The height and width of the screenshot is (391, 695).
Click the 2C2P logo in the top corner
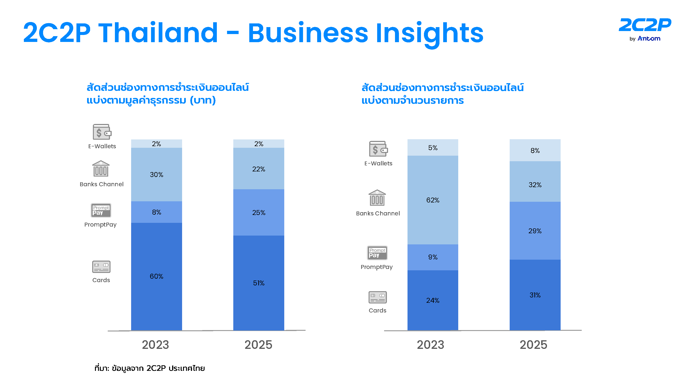644,29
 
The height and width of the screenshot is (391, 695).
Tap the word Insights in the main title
429,33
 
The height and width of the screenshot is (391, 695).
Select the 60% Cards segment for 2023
156,276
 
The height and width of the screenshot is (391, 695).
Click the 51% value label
259,283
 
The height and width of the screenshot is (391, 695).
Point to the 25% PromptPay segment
259,213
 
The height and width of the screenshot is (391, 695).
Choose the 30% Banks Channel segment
156,175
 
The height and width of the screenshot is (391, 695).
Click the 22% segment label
259,169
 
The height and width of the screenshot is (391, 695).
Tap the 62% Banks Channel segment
433,200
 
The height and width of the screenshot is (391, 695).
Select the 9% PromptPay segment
433,257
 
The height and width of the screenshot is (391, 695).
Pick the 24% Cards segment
433,300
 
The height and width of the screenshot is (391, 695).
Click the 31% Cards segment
535,295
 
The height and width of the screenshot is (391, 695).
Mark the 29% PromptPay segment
535,231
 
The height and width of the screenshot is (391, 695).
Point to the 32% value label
535,185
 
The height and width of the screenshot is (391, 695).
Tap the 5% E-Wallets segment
433,148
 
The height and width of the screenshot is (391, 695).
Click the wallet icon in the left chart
102,132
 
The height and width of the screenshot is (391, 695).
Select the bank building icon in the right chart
377,198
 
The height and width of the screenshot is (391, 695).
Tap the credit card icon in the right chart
377,297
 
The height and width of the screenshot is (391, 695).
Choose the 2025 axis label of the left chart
258,345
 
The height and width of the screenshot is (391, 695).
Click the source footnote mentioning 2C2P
149,368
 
